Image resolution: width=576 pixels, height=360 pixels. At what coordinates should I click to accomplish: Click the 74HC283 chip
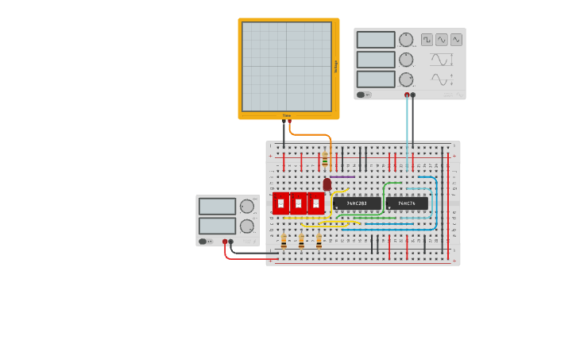(357, 203)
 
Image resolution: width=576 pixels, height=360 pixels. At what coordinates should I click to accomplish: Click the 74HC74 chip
(407, 203)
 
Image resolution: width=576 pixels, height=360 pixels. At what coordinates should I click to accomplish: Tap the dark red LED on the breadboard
(327, 184)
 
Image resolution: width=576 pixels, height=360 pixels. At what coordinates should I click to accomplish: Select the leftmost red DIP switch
(280, 203)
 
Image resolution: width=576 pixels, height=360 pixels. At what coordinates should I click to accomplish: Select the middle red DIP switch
(298, 203)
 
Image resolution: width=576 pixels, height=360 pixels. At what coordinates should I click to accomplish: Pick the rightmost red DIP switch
(315, 203)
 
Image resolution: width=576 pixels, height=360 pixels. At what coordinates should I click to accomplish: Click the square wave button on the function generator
(427, 40)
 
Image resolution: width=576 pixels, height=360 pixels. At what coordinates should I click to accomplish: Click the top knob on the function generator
(406, 40)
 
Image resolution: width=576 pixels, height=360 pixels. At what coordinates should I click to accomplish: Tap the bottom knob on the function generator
(406, 79)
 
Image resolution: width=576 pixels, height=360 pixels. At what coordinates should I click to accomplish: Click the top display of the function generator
(376, 40)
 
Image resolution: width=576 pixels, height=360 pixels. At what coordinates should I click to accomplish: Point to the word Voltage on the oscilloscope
(335, 67)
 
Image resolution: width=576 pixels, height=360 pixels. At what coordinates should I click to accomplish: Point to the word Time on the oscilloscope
(287, 115)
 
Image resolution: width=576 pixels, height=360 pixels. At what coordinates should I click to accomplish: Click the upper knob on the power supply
(247, 207)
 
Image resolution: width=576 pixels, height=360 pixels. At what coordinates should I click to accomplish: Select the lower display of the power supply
(217, 226)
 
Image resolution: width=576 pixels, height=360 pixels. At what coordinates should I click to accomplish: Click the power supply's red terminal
(225, 242)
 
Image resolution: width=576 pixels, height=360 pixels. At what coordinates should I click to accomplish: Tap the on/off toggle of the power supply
(203, 242)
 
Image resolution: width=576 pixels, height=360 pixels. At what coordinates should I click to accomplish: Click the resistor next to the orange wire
(324, 159)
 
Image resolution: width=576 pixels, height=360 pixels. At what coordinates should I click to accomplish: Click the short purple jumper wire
(342, 176)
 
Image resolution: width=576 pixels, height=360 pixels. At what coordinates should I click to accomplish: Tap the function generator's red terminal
(407, 95)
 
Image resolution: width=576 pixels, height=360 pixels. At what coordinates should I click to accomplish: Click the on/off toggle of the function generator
(361, 95)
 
